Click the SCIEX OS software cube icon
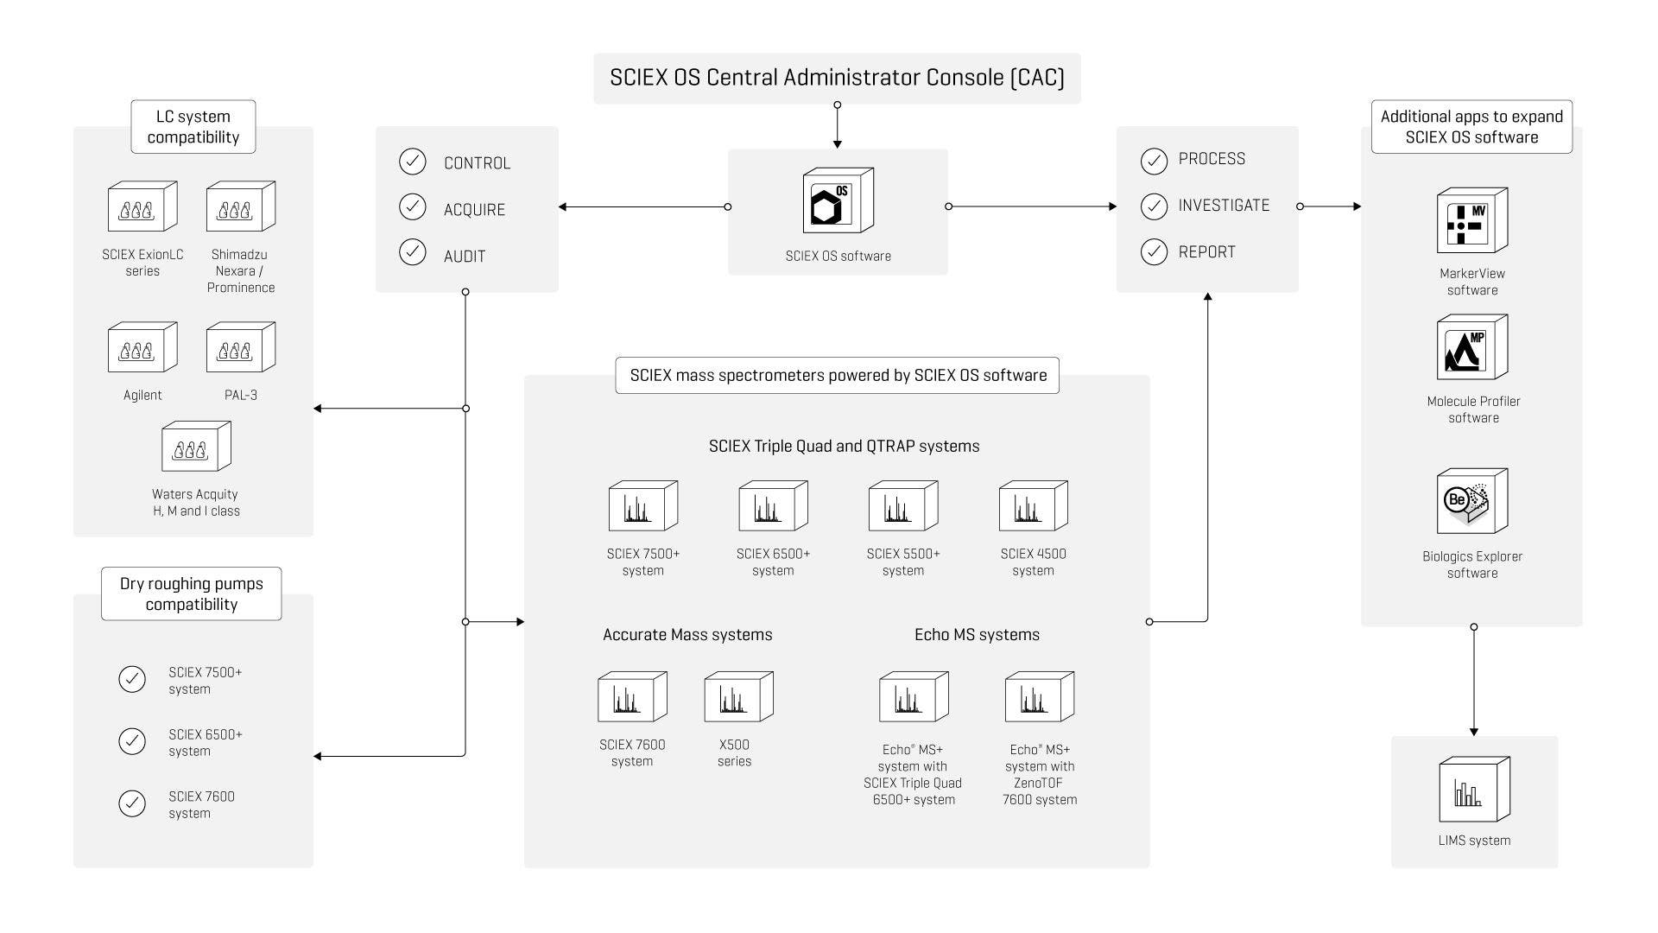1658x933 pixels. point(838,200)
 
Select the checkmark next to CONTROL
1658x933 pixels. point(413,162)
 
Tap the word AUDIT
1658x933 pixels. point(465,257)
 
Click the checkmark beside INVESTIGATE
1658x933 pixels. point(1154,206)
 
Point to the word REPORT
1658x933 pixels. point(1206,252)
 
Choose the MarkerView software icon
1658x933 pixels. point(1471,221)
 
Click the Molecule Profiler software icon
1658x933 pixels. point(1471,347)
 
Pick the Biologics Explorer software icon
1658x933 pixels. point(1471,501)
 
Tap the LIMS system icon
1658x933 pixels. point(1474,790)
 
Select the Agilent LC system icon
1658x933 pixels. point(142,347)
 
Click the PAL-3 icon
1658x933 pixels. point(241,347)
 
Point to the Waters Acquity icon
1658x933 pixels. point(196,447)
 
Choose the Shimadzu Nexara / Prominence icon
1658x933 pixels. point(241,206)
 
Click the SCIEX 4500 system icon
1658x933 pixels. point(1033,506)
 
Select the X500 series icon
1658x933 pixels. point(738,697)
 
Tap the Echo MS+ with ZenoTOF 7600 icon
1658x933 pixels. point(1039,697)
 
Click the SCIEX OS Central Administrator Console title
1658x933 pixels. point(837,78)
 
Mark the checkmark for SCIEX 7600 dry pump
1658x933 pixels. point(132,803)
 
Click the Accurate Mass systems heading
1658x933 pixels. point(687,635)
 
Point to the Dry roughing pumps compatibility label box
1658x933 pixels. point(192,594)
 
